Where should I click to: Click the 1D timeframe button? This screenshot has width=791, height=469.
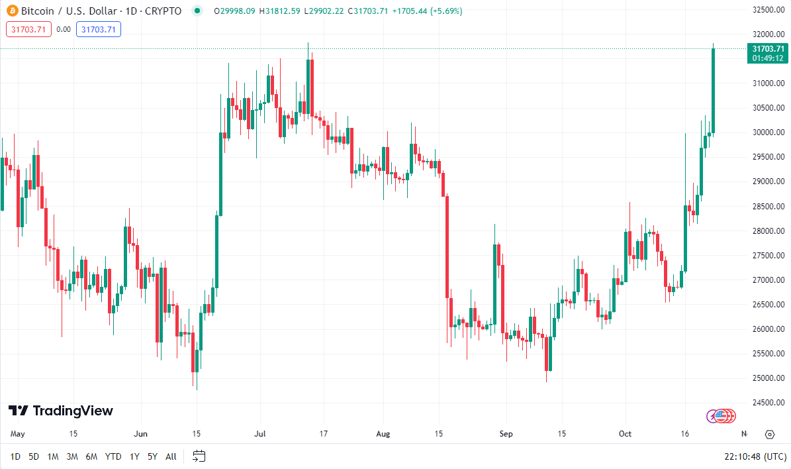point(15,456)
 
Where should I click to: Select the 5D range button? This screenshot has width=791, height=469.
point(34,456)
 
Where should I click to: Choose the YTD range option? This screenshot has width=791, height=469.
point(113,456)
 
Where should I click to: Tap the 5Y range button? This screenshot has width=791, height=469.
point(152,456)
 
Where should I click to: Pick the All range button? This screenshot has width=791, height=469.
point(171,456)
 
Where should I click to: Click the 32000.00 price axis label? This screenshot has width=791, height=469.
point(768,34)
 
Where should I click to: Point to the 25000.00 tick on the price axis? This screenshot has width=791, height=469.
point(768,378)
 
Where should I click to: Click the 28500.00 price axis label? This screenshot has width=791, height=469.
point(768,206)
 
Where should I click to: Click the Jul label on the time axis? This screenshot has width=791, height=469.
point(260,434)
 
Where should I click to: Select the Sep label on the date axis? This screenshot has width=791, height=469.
point(506,434)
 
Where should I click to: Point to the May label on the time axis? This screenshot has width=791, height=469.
point(18,434)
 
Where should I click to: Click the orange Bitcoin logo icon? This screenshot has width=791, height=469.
point(11,11)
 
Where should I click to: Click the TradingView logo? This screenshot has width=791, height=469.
point(60,411)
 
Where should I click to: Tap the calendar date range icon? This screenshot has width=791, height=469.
point(199,456)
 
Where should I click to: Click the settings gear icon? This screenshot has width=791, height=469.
point(769,435)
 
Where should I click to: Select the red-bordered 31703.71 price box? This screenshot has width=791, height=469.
point(28,29)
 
